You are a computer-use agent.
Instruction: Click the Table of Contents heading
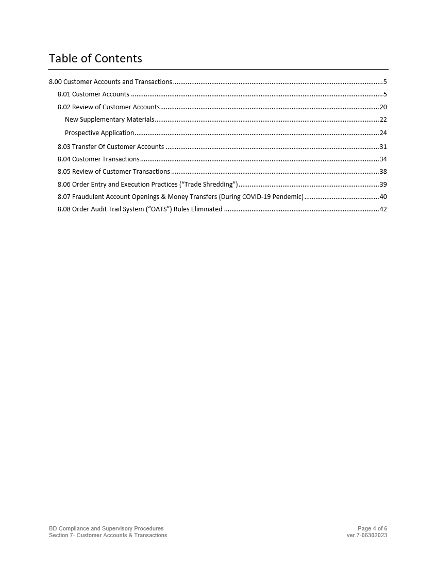pyautogui.click(x=95, y=58)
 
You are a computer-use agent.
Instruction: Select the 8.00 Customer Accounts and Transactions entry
pyautogui.click(x=110, y=82)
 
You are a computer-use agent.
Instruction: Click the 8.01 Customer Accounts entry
pyautogui.click(x=93, y=94)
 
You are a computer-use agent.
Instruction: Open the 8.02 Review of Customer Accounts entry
pyautogui.click(x=108, y=107)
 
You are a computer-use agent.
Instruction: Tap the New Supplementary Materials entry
pyautogui.click(x=109, y=120)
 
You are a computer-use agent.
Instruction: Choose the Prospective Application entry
pyautogui.click(x=99, y=133)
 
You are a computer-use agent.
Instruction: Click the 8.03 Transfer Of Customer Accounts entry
pyautogui.click(x=111, y=147)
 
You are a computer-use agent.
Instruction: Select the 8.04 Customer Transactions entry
pyautogui.click(x=98, y=159)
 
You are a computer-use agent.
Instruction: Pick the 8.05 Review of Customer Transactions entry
pyautogui.click(x=113, y=172)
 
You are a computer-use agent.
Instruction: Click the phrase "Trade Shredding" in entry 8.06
pyautogui.click(x=209, y=185)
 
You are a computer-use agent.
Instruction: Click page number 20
pyautogui.click(x=383, y=107)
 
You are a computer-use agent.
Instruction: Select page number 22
pyautogui.click(x=383, y=120)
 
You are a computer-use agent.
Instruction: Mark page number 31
pyautogui.click(x=383, y=147)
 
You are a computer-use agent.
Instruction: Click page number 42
pyautogui.click(x=383, y=209)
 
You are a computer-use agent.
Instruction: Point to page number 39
pyautogui.click(x=383, y=185)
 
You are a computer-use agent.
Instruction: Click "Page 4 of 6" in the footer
pyautogui.click(x=372, y=528)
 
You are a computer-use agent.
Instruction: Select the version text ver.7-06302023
pyautogui.click(x=367, y=535)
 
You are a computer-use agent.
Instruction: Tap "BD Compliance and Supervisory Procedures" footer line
pyautogui.click(x=106, y=528)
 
